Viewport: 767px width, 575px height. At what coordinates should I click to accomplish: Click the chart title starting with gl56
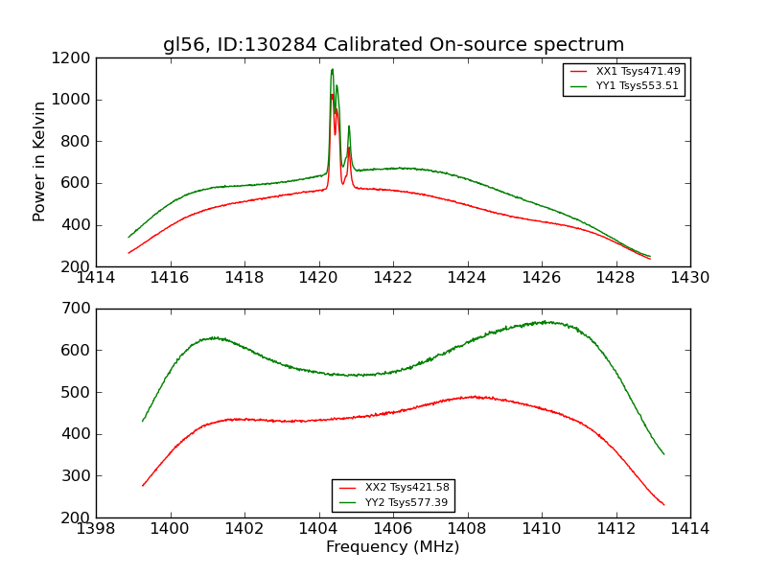[393, 45]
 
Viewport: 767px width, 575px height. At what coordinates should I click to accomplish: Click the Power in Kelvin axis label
[39, 161]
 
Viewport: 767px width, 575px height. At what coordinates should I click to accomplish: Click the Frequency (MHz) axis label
[393, 547]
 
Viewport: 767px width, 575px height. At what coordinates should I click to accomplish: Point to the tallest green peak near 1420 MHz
[332, 69]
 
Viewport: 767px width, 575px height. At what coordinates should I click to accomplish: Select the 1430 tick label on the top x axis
[690, 278]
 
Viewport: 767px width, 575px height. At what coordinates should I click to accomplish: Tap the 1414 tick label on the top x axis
[96, 278]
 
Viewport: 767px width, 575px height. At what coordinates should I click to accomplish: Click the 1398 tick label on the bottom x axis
[96, 529]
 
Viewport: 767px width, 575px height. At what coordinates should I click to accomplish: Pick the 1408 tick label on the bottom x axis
[468, 529]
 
